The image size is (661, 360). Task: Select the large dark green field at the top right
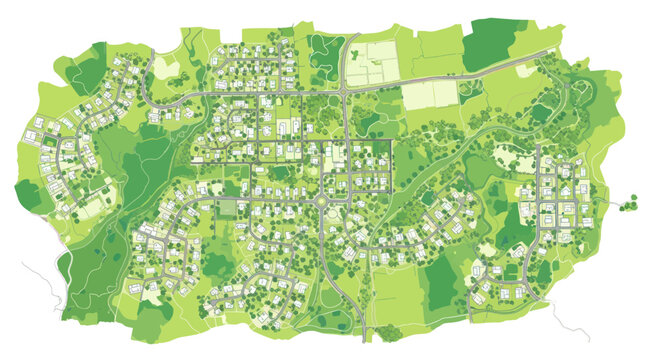coord(497,42)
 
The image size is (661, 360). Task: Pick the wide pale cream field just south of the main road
coord(431,96)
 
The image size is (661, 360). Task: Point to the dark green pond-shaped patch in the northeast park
coord(541,113)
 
